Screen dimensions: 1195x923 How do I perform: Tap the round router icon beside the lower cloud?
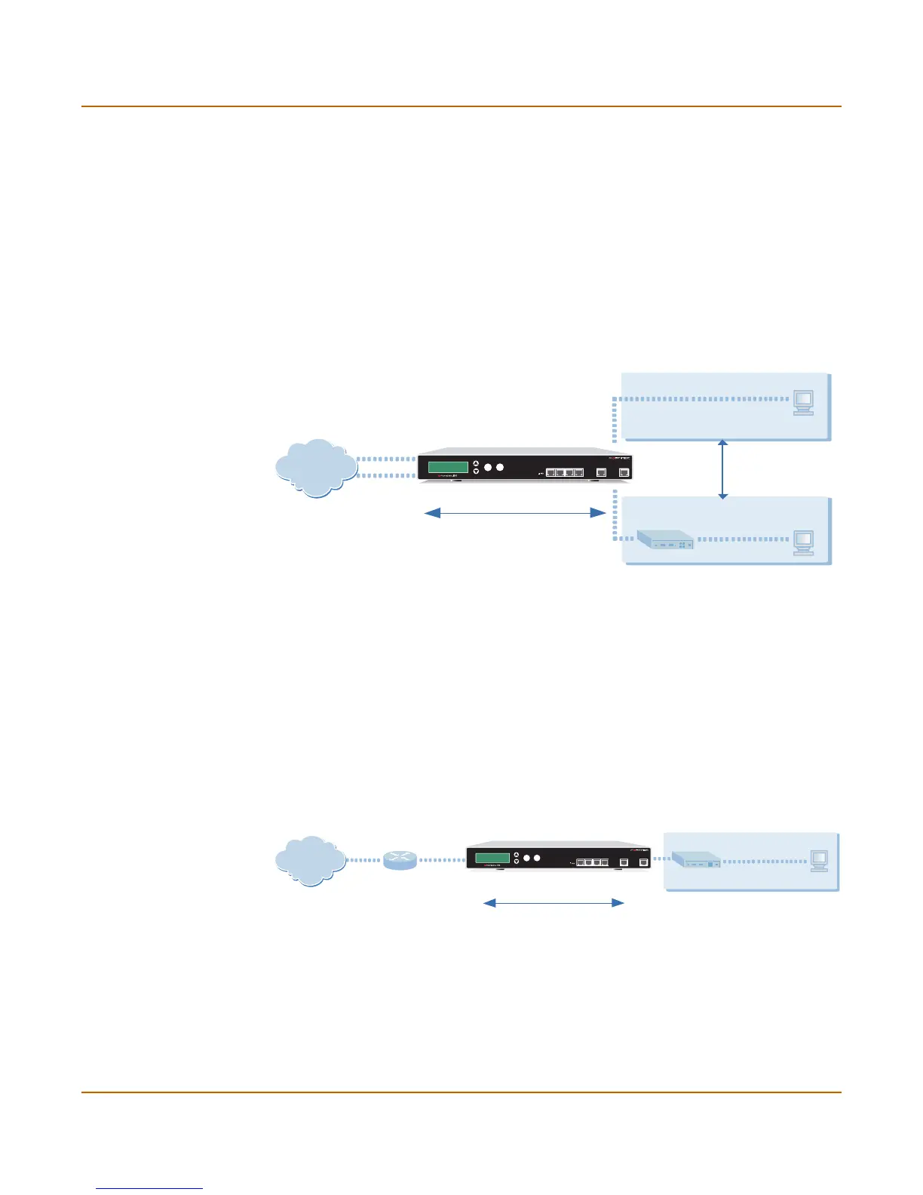click(x=400, y=860)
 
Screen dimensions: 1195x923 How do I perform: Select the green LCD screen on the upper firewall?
click(x=448, y=467)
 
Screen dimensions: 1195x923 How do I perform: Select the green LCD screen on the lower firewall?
click(x=492, y=858)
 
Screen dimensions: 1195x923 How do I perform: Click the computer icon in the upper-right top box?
click(x=803, y=403)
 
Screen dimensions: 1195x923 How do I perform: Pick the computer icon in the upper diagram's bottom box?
click(x=803, y=542)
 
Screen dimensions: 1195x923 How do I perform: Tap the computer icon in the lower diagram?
click(x=819, y=861)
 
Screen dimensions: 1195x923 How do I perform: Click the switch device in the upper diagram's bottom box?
click(x=665, y=539)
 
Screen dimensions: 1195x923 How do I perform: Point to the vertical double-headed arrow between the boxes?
click(x=723, y=469)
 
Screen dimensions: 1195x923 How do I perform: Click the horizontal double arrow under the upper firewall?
click(x=516, y=513)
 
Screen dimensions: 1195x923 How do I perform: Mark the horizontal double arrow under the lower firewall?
click(x=553, y=902)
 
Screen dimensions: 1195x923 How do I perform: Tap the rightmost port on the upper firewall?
click(x=624, y=472)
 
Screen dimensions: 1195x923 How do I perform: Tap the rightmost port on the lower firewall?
click(x=643, y=862)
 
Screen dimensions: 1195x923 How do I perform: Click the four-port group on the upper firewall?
click(x=565, y=472)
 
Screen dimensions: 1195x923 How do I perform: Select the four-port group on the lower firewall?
click(x=592, y=862)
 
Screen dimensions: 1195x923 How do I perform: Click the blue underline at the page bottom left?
click(x=149, y=1189)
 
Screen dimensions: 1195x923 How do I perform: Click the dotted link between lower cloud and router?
click(x=364, y=860)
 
